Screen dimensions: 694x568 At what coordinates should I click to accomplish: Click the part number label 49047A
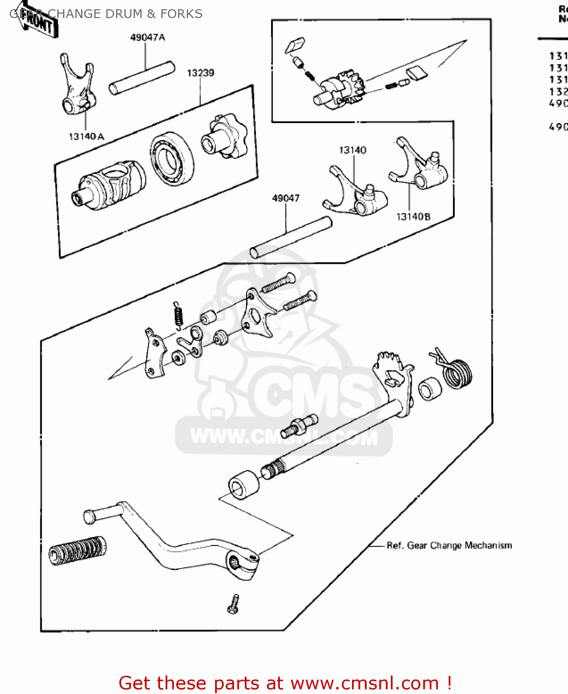click(x=148, y=37)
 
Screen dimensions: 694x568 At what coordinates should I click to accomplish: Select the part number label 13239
click(x=200, y=73)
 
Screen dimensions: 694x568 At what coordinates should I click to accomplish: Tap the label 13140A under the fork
click(x=86, y=136)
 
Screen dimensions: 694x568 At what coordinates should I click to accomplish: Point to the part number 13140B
click(x=413, y=217)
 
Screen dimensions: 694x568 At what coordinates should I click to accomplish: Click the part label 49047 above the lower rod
click(x=285, y=198)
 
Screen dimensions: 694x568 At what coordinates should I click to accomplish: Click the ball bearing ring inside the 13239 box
click(x=172, y=158)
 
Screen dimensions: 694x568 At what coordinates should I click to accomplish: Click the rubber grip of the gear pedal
click(x=77, y=551)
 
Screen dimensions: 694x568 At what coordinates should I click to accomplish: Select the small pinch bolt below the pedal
click(x=234, y=604)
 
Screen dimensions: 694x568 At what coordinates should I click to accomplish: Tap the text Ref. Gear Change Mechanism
click(x=449, y=545)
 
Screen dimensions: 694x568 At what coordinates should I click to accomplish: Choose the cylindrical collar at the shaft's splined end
click(x=244, y=484)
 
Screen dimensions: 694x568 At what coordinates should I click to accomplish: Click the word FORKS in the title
click(x=181, y=14)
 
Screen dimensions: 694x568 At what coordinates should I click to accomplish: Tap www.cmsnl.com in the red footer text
click(x=364, y=683)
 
